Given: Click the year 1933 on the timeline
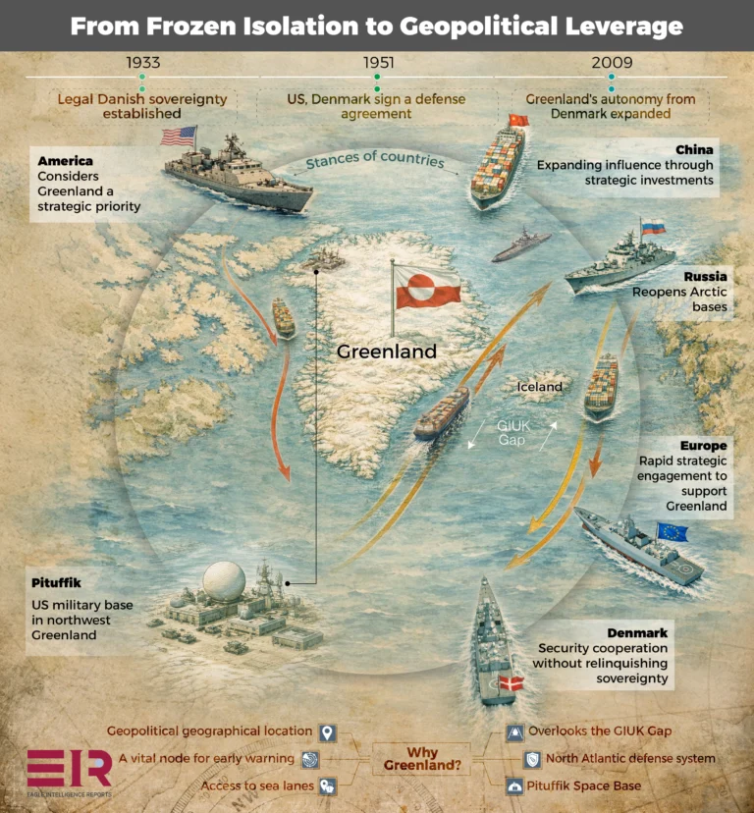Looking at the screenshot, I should click(143, 63).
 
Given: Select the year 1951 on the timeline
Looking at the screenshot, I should click(378, 63).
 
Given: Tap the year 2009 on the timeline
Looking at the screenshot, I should click(611, 63).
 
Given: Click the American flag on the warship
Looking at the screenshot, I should click(179, 135).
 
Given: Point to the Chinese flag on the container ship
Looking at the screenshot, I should click(518, 121).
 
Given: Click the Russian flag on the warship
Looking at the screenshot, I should click(653, 227).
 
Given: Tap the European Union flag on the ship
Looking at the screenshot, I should click(673, 532).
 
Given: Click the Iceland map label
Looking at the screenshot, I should click(539, 387).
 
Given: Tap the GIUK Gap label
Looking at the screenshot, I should click(511, 434).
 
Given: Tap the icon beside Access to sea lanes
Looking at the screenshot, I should click(328, 786).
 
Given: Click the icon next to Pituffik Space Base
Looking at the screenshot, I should click(514, 786).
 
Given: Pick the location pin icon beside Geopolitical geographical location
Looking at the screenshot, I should click(328, 732).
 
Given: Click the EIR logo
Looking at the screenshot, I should click(69, 769).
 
